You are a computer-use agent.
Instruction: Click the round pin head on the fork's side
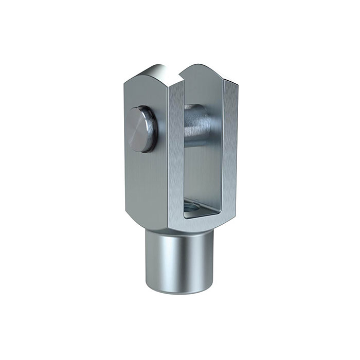tap(141, 128)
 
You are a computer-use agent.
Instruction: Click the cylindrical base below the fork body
tap(177, 257)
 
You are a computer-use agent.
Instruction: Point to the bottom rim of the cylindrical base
tap(177, 289)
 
